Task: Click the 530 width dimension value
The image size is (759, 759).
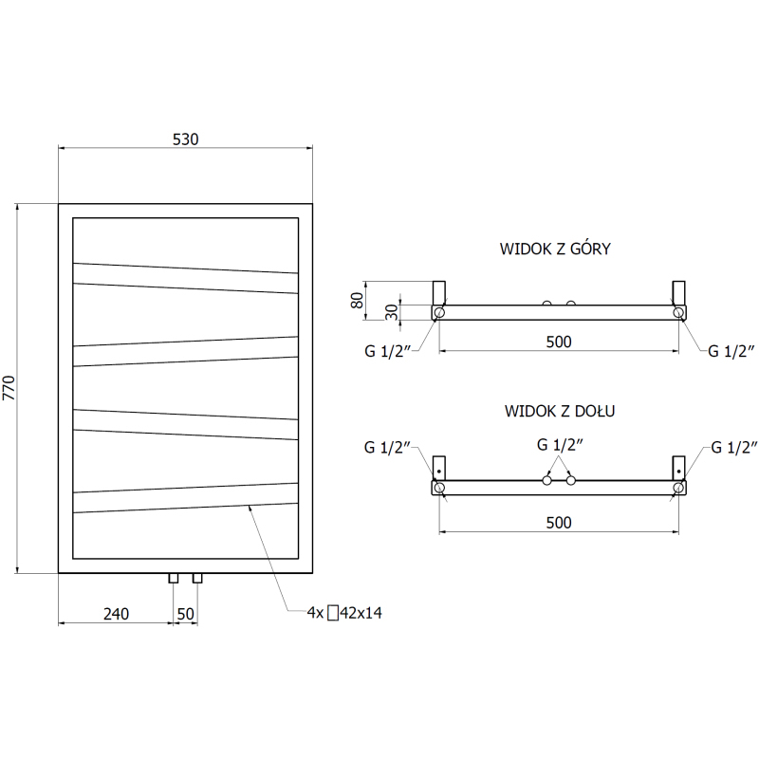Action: point(185,139)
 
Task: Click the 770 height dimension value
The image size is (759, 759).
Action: point(9,388)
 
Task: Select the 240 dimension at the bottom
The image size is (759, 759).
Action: point(116,614)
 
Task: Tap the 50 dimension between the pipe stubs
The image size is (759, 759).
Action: point(185,614)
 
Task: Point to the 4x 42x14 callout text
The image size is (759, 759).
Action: point(344,613)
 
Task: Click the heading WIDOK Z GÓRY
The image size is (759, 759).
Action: point(555,249)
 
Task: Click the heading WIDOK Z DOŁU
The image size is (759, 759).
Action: point(560,411)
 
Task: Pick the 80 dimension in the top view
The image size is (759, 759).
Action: point(357,300)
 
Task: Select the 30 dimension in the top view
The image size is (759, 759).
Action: point(392,312)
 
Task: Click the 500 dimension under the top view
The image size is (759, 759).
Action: point(559,342)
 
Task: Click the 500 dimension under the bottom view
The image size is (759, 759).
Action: point(559,523)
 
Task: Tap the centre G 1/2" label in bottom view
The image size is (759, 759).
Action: point(560,444)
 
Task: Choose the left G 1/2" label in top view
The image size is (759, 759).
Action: point(387,351)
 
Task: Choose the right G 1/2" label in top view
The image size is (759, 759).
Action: point(731,351)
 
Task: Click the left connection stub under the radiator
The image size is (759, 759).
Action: point(174,578)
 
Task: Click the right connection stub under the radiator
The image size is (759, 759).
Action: point(197,578)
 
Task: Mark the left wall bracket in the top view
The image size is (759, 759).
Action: point(438,293)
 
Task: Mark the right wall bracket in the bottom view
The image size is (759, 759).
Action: point(678,468)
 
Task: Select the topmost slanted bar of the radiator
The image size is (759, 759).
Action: point(185,278)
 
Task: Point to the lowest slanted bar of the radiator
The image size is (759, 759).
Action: point(185,497)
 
